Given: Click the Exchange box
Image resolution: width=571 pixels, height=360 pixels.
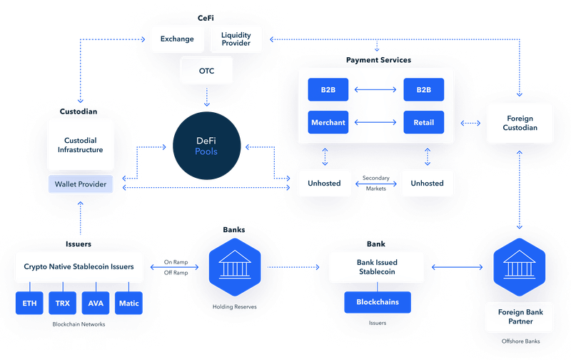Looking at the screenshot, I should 177,39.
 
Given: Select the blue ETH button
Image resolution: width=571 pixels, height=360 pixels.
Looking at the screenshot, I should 29,303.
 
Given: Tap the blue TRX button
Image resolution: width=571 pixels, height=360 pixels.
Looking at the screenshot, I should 62,303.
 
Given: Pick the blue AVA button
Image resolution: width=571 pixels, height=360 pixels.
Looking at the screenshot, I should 96,303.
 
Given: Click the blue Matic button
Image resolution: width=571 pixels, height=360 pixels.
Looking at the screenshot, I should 129,303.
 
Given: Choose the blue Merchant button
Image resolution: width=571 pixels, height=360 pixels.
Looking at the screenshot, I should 328,122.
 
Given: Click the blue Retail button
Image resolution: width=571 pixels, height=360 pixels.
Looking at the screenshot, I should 423,122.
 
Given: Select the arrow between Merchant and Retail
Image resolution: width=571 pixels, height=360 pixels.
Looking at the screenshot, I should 375,122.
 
